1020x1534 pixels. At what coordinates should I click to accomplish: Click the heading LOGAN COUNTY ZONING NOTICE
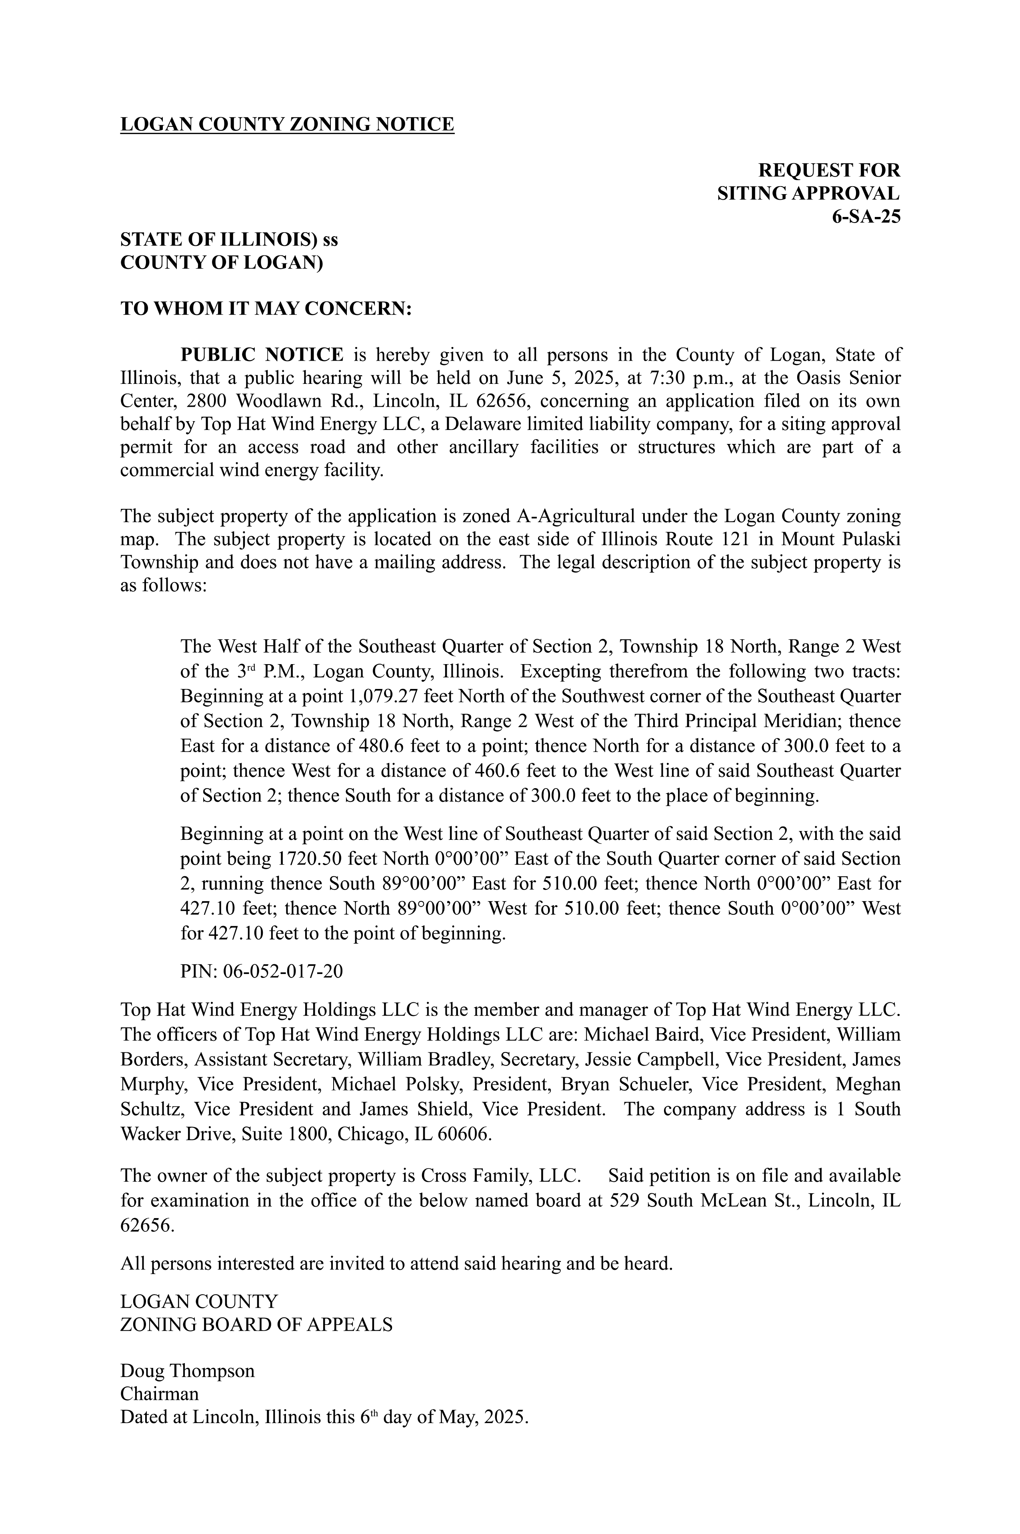point(287,124)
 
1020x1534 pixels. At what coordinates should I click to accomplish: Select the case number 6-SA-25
point(866,217)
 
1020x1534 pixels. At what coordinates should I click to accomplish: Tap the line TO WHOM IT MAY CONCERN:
point(266,309)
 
